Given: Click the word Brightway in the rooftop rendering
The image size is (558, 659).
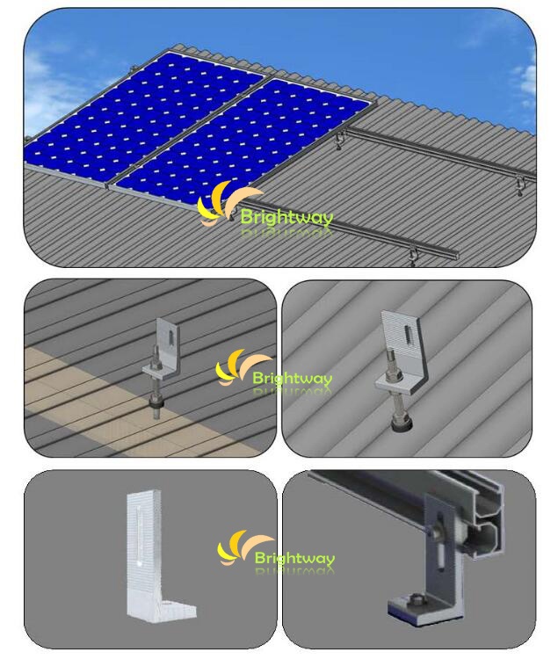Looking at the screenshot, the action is pos(286,217).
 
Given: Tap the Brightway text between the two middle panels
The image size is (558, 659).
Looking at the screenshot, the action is pos(293,378).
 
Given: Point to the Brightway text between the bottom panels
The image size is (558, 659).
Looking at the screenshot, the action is pos(294,558).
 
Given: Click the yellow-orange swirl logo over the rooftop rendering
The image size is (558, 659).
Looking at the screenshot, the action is pos(227,204).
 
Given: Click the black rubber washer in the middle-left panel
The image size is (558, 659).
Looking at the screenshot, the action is pos(156,403).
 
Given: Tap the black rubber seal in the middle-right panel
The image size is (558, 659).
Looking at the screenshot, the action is pos(402,423).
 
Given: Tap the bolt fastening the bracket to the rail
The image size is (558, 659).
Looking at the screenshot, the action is pos(436,529).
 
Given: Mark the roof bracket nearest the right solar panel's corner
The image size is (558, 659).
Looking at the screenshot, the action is pos(340,141).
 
